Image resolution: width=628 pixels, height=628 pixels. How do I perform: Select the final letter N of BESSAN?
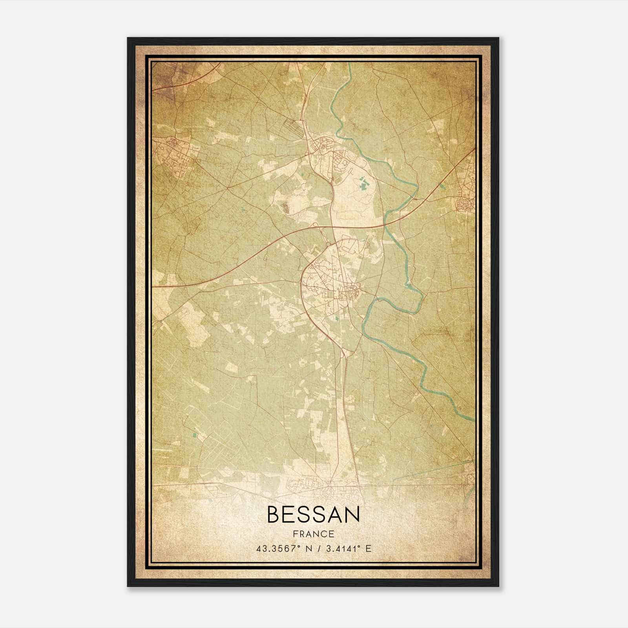[351, 514]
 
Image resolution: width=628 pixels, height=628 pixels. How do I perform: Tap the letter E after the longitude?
[368, 549]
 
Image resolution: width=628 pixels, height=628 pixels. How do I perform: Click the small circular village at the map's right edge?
[465, 204]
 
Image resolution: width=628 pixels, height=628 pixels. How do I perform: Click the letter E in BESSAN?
[292, 514]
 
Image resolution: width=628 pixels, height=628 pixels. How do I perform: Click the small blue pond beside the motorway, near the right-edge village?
[443, 187]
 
